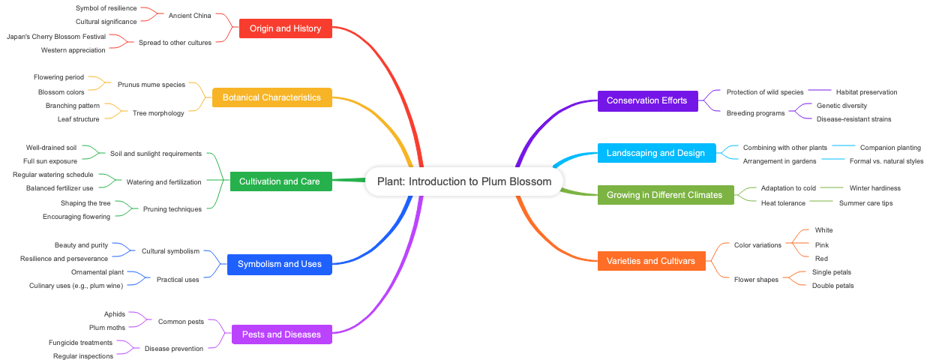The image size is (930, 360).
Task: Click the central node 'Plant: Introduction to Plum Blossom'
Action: [x=463, y=181]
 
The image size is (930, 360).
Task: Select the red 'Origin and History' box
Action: [x=285, y=28]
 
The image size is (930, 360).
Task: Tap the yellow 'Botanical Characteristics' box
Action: [x=271, y=97]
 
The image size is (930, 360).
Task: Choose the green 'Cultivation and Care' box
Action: [x=279, y=181]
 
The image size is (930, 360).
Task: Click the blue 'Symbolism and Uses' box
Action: [x=279, y=264]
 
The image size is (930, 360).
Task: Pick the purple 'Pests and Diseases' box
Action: [x=281, y=334]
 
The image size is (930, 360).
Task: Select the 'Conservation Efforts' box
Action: [x=646, y=100]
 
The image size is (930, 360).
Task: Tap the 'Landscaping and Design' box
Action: [x=655, y=153]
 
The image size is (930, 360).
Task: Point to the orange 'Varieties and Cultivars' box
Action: [x=651, y=261]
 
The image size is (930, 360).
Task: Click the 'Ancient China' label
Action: [x=190, y=15]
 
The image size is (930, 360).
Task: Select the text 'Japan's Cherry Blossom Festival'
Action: [x=56, y=36]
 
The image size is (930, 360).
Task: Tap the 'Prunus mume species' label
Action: [x=151, y=85]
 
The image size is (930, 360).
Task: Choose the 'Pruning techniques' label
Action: [x=172, y=209]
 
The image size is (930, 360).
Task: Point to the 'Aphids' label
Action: [x=115, y=314]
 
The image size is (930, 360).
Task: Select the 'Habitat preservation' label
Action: [x=866, y=92]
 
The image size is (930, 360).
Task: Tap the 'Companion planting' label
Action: [x=890, y=148]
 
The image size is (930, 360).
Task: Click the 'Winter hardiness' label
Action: [x=874, y=188]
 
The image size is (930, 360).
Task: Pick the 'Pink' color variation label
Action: [x=822, y=244]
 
